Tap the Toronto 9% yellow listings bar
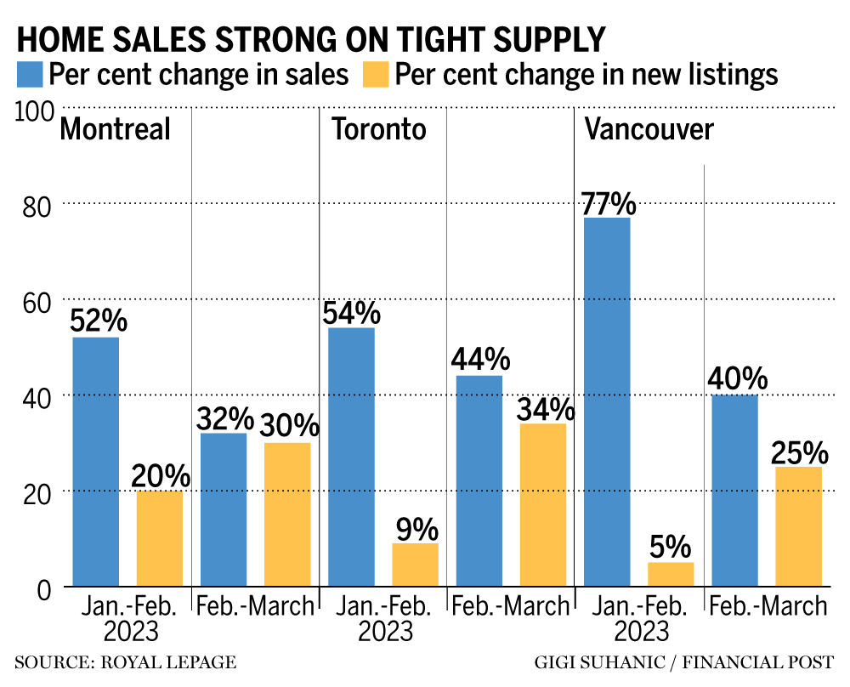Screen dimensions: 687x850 416,565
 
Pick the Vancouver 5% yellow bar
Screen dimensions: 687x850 671,574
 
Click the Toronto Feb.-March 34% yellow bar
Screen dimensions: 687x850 543,505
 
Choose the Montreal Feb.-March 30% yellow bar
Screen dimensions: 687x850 287,514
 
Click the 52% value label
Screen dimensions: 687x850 98,321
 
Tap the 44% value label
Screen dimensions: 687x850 480,359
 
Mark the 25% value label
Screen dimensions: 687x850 799,451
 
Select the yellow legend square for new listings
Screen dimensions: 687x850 376,74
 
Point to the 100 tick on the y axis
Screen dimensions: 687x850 35,111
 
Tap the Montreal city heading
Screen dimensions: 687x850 115,129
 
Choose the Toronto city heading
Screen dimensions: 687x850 378,129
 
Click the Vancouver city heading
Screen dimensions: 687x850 649,129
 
